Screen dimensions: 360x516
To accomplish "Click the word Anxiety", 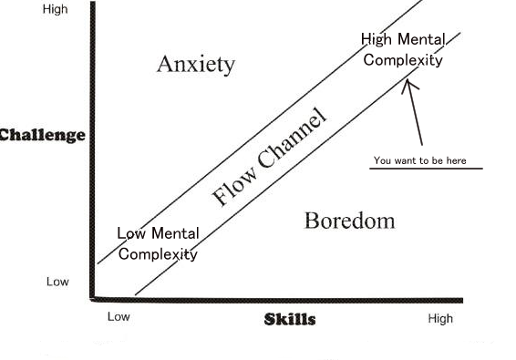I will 196,64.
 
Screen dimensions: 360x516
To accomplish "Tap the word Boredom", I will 349,221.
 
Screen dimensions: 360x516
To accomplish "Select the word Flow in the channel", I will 230,188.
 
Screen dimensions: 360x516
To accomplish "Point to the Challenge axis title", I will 42,135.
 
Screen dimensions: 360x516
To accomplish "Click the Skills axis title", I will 290,319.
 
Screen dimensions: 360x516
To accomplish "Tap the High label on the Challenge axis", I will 56,10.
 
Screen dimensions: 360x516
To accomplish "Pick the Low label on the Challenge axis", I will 57,282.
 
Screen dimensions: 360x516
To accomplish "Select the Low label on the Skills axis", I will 119,317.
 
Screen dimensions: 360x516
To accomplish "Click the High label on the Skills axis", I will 439,318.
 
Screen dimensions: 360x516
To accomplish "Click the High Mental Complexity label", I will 403,50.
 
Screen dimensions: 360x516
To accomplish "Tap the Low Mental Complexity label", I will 158,244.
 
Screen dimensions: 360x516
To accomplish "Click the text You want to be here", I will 419,160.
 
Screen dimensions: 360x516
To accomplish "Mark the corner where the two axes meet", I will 94,297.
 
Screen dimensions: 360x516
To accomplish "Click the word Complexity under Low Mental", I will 158,254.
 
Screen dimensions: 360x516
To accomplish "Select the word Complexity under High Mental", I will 403,60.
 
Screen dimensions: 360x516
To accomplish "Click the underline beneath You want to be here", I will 427,169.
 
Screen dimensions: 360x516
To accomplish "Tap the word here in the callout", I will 457,160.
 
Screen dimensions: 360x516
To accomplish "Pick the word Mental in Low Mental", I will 175,234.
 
